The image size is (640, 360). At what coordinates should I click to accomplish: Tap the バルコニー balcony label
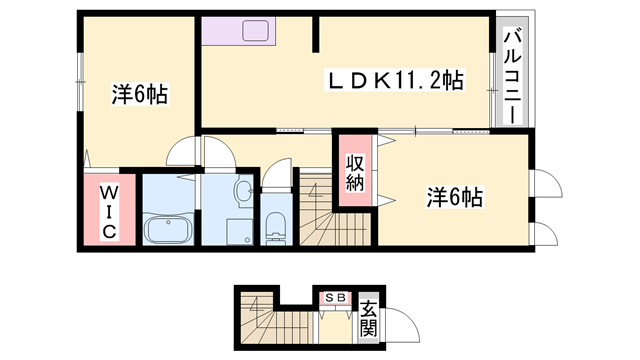pyautogui.click(x=511, y=76)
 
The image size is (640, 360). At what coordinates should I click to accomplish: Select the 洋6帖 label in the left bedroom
pyautogui.click(x=139, y=95)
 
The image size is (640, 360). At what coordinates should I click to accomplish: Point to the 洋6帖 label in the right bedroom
pyautogui.click(x=455, y=197)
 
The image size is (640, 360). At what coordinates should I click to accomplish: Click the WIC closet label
pyautogui.click(x=108, y=211)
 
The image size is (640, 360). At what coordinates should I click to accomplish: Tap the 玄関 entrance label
pyautogui.click(x=369, y=318)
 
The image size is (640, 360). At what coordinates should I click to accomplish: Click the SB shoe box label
pyautogui.click(x=334, y=297)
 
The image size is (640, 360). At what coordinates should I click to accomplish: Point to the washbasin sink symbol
pyautogui.click(x=243, y=190)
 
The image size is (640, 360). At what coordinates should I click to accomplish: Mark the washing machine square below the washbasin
pyautogui.click(x=241, y=231)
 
